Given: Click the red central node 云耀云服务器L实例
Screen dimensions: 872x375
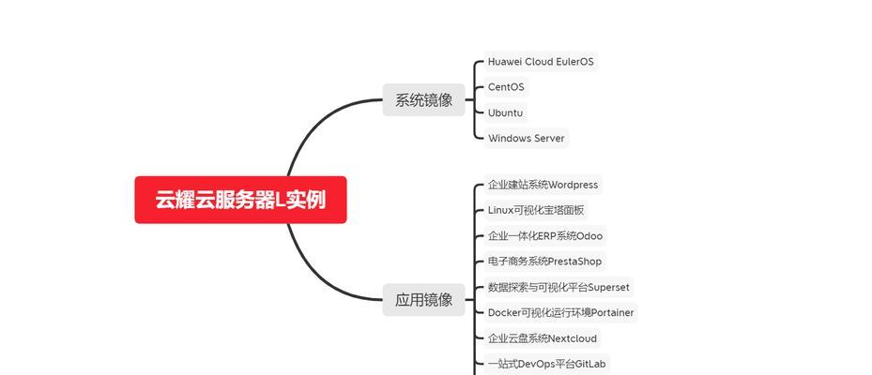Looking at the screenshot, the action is (240, 200).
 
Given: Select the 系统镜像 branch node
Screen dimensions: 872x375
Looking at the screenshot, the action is (423, 100).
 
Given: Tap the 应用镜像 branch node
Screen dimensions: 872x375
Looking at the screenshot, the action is (423, 300).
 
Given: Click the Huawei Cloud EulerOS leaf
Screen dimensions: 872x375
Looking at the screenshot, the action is (541, 62).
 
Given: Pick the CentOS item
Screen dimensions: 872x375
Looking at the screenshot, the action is (506, 87).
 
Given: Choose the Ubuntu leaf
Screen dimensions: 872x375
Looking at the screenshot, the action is (506, 112).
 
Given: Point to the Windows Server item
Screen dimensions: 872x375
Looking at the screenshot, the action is (526, 139).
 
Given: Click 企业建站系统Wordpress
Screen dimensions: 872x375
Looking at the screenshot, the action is (543, 185).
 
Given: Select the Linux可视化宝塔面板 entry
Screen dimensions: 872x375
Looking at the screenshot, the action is (536, 211).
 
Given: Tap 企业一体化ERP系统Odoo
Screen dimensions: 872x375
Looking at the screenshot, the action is (545, 236).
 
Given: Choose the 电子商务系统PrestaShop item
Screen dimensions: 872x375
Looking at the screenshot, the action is (544, 262).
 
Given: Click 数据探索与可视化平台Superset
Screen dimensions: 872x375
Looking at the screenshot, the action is (558, 287).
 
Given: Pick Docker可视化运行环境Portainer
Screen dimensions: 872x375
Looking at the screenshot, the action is (560, 313).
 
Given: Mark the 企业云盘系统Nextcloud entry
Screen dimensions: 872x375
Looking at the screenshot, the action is (543, 338).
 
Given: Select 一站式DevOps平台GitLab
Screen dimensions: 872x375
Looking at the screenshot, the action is (546, 365).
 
